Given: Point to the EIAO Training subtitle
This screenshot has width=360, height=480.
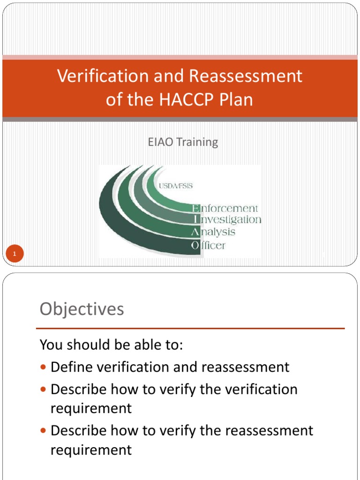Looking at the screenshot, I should (x=183, y=142).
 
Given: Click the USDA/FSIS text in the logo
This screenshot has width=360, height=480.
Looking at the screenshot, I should (x=175, y=186).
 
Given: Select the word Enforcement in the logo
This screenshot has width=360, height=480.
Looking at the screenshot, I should (x=225, y=208).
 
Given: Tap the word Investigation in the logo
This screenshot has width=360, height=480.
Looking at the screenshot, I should (x=227, y=220).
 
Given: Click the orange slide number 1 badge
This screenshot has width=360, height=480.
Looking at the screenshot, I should (x=15, y=255).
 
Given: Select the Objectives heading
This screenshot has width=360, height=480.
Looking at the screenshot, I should (x=82, y=309).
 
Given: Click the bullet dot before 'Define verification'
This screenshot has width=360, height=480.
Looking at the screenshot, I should (x=44, y=367).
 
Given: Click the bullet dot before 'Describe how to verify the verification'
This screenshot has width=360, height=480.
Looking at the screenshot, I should (x=44, y=390).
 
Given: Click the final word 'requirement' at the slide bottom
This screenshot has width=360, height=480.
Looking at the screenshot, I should (x=91, y=450).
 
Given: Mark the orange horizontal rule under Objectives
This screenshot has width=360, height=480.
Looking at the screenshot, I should (x=190, y=328).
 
